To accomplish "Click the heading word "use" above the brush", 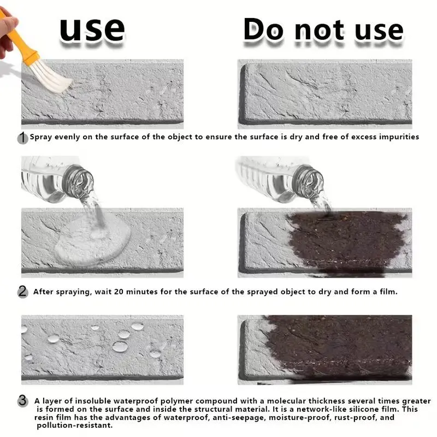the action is (92, 30).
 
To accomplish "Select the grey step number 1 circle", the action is (22, 138).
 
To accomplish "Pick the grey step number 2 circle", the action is (23, 292).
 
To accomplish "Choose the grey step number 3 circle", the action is (23, 401).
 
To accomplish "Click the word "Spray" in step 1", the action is (41, 137).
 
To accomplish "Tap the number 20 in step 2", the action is (119, 292).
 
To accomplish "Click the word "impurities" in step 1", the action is (399, 137).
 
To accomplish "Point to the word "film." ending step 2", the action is (389, 292).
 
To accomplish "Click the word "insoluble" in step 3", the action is (93, 401).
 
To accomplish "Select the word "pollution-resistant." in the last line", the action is (75, 426).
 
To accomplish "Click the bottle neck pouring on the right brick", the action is (309, 181).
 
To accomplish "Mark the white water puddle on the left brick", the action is (92, 241).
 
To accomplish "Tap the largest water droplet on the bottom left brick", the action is (120, 347).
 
